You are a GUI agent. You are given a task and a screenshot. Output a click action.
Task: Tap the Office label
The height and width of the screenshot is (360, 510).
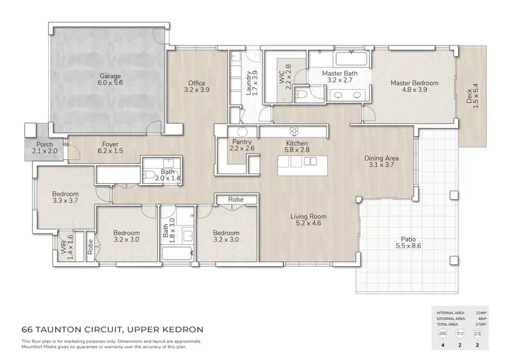point(197,83)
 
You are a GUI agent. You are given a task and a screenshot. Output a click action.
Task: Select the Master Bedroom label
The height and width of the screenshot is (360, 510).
point(414,83)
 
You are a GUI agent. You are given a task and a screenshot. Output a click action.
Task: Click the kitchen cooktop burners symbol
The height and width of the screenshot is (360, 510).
point(295,131)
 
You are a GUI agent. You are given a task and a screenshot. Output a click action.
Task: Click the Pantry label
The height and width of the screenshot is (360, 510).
point(241,142)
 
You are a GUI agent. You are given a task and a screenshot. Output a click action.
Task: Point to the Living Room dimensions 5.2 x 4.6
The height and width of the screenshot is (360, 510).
point(309,223)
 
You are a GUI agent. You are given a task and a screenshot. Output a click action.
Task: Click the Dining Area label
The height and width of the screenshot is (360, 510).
point(381,158)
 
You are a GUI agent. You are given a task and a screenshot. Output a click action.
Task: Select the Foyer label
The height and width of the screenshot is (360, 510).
point(110,144)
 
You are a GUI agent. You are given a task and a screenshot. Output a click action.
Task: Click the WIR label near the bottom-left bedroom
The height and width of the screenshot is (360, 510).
point(63,252)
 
